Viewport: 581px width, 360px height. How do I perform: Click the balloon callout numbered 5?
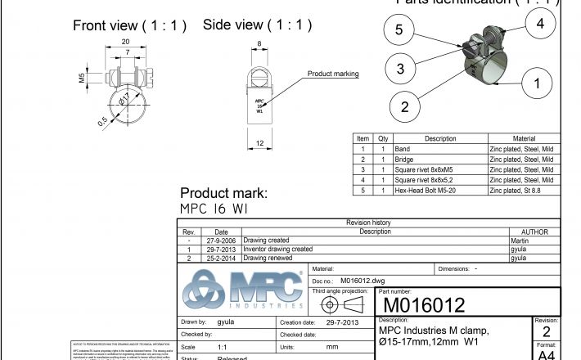[x=399, y=30]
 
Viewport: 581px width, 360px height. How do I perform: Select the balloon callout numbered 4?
[x=540, y=24]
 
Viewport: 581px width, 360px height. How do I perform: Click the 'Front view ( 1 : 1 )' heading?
[x=130, y=25]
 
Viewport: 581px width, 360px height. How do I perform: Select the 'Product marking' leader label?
[x=333, y=74]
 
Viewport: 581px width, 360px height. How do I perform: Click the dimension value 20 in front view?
[x=125, y=41]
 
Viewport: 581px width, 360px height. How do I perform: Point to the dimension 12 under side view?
[x=259, y=144]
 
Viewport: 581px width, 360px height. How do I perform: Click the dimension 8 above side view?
[x=259, y=44]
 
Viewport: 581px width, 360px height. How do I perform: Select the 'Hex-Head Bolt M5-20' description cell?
[x=424, y=190]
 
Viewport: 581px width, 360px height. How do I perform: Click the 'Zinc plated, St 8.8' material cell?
[x=515, y=190]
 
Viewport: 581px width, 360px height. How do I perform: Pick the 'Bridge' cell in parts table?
[x=403, y=160]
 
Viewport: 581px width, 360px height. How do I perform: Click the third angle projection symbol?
[x=343, y=304]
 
